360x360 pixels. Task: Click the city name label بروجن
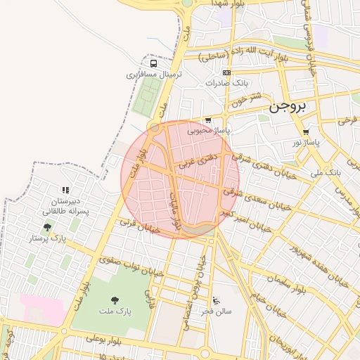pos(289,108)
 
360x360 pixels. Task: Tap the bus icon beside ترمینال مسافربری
pos(153,63)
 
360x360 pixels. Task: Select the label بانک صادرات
pos(226,83)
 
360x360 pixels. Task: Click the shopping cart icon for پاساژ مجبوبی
pos(207,120)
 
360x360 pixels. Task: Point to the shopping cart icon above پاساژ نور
pos(305,132)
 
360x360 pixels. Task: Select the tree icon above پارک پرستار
pos(47,227)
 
